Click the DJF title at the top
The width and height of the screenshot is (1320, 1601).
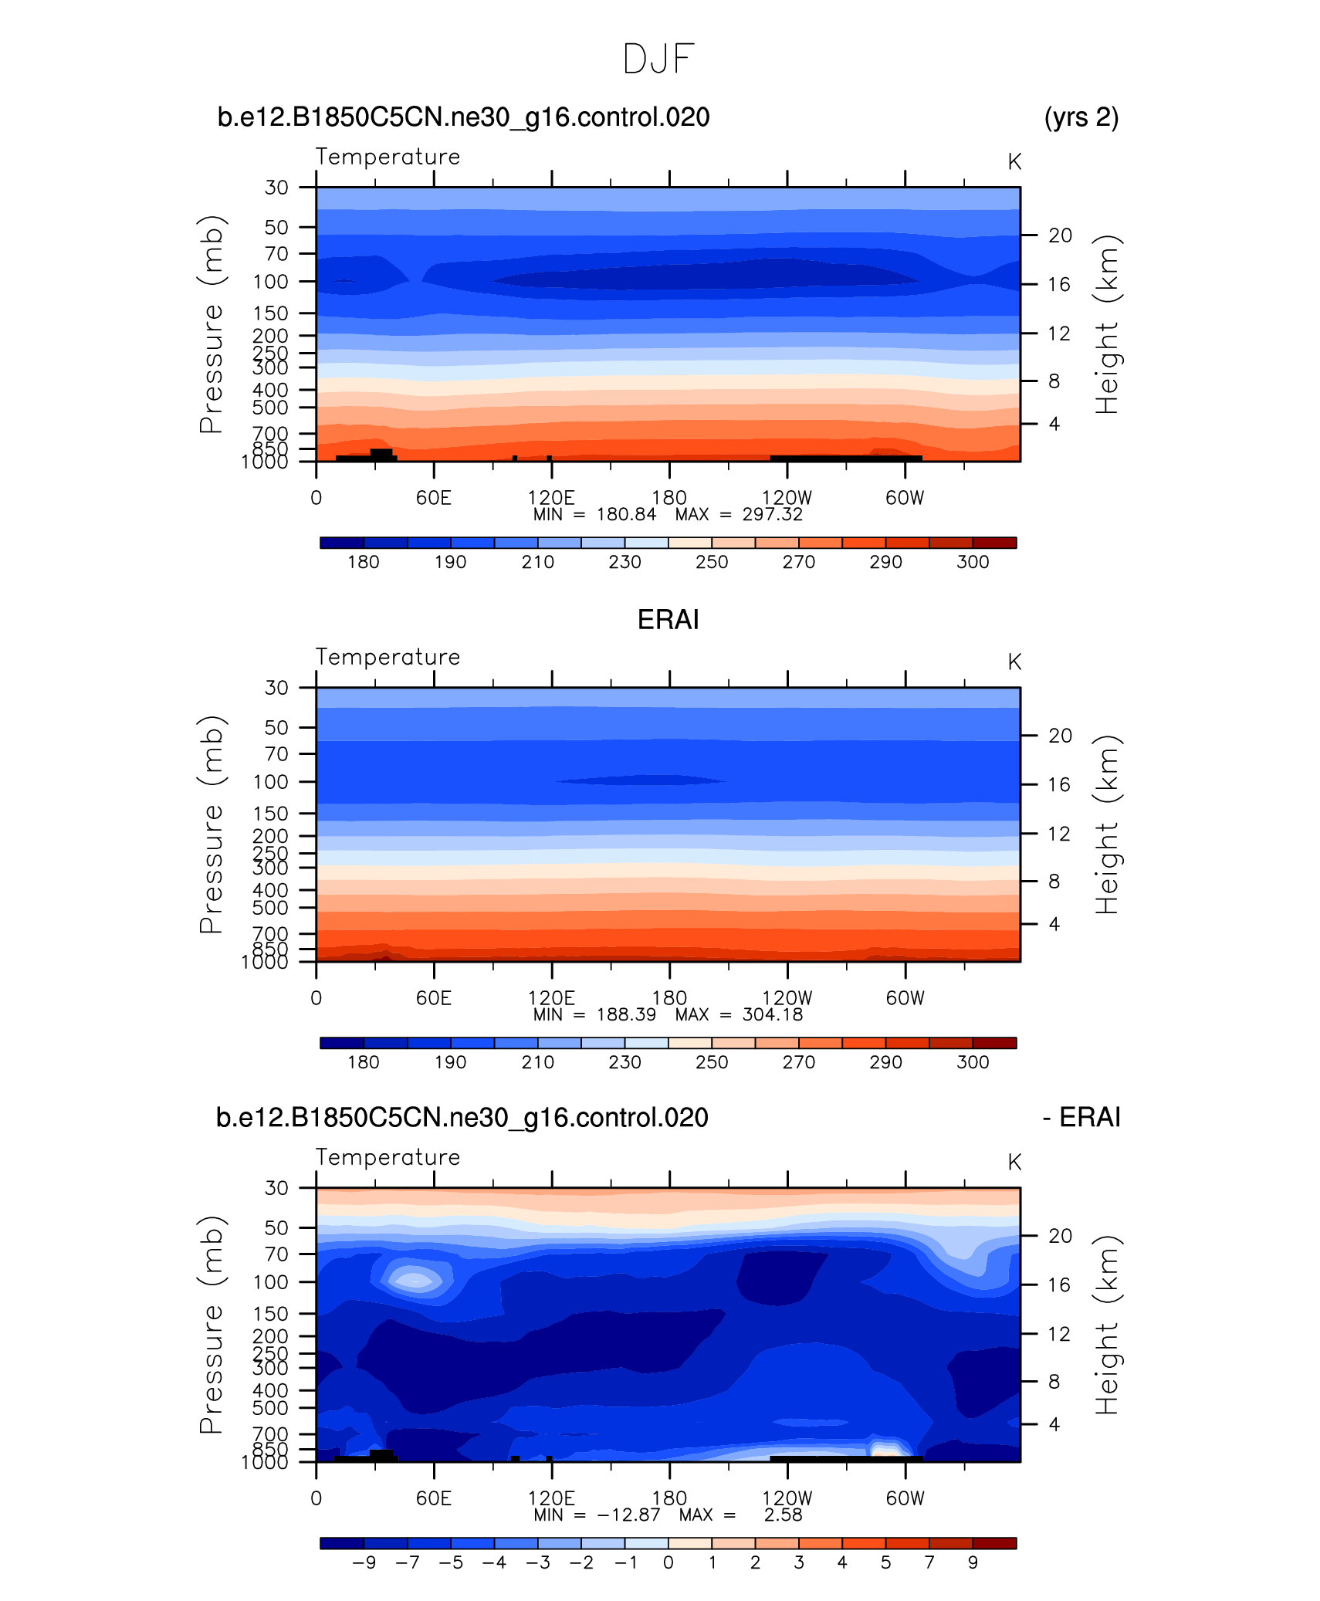[x=658, y=59]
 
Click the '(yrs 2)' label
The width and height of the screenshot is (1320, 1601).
[x=1081, y=117]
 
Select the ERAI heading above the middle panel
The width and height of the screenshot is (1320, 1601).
[x=668, y=620]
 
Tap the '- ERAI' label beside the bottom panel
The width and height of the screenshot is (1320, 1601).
[x=1081, y=1117]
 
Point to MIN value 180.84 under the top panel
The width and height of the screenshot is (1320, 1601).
[x=626, y=515]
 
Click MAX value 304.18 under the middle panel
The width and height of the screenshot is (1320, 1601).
[x=772, y=1014]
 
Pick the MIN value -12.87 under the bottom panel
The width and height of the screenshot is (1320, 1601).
[x=628, y=1515]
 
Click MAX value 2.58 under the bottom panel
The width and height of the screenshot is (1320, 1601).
[x=783, y=1515]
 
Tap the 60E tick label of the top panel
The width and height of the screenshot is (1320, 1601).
[x=433, y=498]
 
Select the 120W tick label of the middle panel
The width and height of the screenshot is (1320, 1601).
[x=787, y=998]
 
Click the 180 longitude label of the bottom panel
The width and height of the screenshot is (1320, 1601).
[x=668, y=1498]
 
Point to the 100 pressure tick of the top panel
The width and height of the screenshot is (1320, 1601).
[x=270, y=282]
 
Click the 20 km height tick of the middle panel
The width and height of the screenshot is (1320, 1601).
[x=1060, y=736]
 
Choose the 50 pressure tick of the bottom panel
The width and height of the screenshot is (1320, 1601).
[x=276, y=1227]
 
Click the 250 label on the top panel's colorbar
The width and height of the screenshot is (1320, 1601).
[x=711, y=562]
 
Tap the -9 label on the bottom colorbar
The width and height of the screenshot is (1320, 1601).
[x=364, y=1562]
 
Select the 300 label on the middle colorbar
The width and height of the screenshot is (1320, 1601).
[x=973, y=1062]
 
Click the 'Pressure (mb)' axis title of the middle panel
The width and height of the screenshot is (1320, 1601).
[x=211, y=824]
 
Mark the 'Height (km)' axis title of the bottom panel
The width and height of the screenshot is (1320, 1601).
[x=1106, y=1325]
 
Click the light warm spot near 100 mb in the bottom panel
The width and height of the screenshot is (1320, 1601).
[x=415, y=1281]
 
